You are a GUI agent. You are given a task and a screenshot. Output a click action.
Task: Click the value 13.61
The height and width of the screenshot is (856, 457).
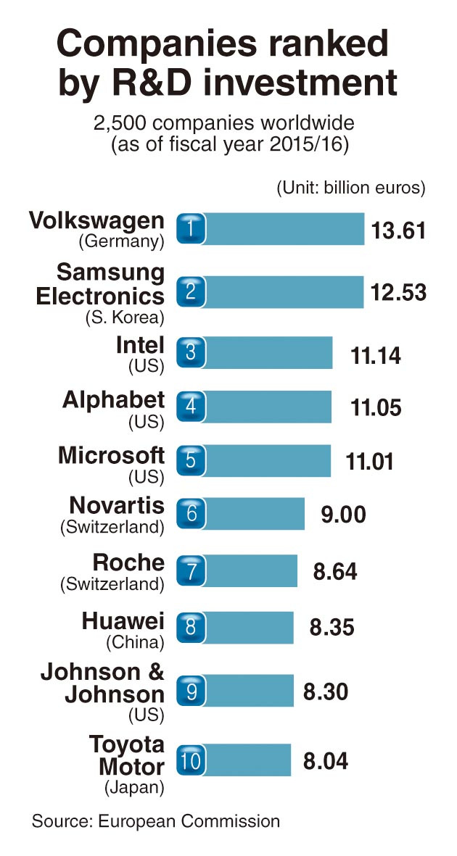pos(396,230)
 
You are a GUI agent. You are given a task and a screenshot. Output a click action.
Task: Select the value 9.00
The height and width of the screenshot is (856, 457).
pos(343,515)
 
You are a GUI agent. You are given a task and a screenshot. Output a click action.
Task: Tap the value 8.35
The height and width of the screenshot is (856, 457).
pos(332,627)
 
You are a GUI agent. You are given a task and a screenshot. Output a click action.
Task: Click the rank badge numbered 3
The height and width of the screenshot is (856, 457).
pos(191,353)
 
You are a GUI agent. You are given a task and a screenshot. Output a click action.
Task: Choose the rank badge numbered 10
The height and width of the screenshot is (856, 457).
pos(191,760)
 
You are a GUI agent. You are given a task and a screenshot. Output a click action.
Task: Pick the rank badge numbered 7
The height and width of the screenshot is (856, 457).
pos(191,570)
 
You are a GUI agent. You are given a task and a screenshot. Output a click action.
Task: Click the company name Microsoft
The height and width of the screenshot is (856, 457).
pos(111,456)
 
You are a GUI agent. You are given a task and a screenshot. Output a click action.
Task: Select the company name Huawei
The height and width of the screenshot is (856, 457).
pos(123,620)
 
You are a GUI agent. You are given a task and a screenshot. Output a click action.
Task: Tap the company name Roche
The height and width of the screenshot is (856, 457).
pos(128,563)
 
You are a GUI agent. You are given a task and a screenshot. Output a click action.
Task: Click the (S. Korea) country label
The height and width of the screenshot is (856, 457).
pos(123,317)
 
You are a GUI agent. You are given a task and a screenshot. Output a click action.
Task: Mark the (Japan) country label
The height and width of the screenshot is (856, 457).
pos(135,786)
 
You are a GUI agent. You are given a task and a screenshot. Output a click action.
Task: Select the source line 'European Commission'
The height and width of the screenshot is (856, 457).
pos(189,821)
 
